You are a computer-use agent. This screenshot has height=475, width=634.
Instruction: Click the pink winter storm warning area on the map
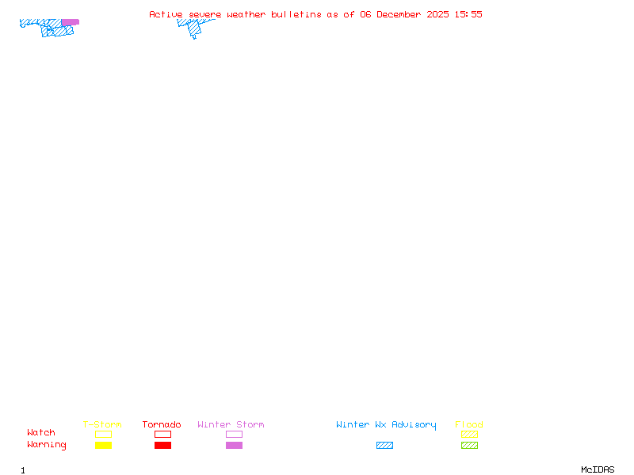(x=71, y=22)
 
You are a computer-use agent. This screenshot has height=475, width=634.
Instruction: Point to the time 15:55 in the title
(x=468, y=14)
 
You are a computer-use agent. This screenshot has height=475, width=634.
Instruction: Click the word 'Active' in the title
(x=166, y=14)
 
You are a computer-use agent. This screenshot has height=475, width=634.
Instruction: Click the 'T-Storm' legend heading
(x=102, y=425)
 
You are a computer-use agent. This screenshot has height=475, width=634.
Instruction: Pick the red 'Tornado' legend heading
(x=162, y=425)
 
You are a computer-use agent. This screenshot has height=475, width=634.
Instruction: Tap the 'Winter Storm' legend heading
(x=231, y=425)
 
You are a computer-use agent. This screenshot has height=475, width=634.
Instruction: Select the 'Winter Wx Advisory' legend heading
(x=386, y=425)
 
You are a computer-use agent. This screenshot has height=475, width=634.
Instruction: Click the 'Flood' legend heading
(x=469, y=425)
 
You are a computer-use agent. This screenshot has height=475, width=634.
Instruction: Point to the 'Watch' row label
(x=41, y=433)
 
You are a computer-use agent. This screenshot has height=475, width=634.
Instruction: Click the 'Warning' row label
(x=47, y=445)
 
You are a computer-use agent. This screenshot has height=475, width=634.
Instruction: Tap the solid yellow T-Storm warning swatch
(x=103, y=446)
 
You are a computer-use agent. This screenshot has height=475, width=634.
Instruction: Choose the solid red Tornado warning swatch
(x=162, y=446)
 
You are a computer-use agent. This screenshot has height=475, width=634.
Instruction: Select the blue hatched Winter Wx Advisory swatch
(x=384, y=446)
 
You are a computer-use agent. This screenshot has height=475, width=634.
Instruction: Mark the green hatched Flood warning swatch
(x=469, y=446)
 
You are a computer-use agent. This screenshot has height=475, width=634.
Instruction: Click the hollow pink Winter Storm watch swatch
(x=234, y=435)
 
